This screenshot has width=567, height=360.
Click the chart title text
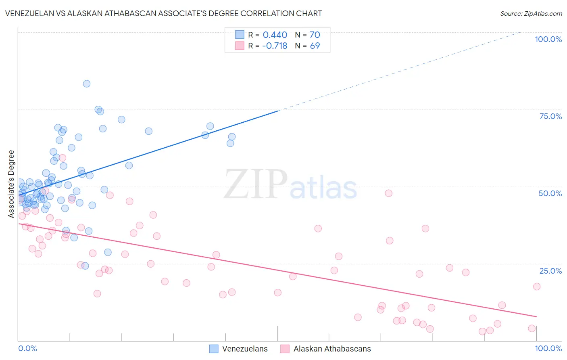click(x=163, y=13)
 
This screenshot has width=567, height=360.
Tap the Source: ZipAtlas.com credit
click(x=531, y=13)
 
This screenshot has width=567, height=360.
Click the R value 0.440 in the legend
click(x=275, y=35)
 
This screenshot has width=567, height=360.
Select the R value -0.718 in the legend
click(x=274, y=46)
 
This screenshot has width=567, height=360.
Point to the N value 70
click(x=315, y=35)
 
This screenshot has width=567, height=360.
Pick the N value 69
click(x=315, y=46)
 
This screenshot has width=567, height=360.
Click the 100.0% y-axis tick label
click(x=548, y=39)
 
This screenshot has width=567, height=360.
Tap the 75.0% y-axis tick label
click(x=550, y=116)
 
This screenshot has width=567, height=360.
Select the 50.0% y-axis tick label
click(x=550, y=193)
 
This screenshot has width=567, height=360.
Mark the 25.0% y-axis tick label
click(x=550, y=270)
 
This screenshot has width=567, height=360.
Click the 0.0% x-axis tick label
click(x=27, y=348)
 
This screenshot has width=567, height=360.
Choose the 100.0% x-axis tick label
click(x=548, y=348)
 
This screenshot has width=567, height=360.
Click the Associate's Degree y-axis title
click(x=11, y=184)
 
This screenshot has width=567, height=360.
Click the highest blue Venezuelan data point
click(x=87, y=84)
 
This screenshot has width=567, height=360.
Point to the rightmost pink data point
click(x=537, y=287)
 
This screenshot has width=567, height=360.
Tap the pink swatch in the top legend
click(x=240, y=46)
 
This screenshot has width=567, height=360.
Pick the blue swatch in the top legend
click(x=240, y=35)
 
